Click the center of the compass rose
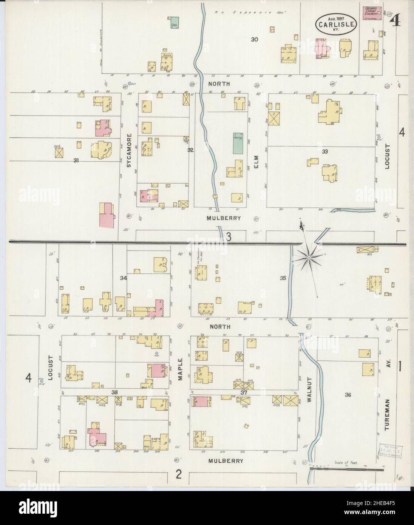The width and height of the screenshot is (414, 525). [x=309, y=258]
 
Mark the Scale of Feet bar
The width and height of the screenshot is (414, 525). [x=342, y=469]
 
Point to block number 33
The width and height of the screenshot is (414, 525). [x=324, y=151]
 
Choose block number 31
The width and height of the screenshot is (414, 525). [x=76, y=160]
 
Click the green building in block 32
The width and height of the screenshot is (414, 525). [x=238, y=143]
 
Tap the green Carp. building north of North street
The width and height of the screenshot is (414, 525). [x=174, y=23]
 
